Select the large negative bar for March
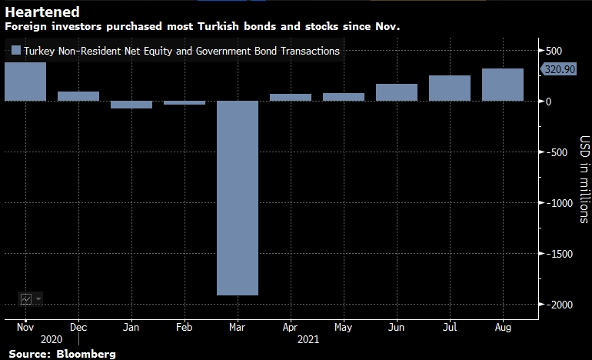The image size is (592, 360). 238,198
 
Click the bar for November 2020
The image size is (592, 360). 25,82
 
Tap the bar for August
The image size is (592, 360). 503,85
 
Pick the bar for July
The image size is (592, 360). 450,88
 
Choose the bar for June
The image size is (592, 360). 397,92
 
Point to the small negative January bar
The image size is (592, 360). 131,105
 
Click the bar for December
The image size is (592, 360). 78,96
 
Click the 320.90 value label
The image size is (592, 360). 560,69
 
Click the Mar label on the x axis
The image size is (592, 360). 238,326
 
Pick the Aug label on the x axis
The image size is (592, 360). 503,326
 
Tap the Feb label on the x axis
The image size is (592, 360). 185,326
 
